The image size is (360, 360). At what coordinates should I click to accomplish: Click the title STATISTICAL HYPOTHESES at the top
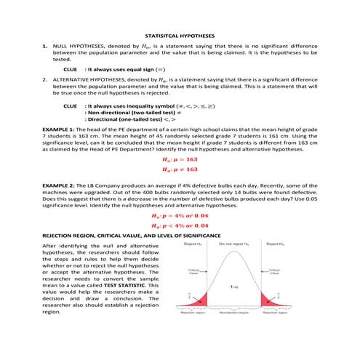180,34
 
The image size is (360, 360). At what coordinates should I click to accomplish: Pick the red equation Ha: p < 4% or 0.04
180,227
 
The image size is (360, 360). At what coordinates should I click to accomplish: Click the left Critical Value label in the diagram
184,271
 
